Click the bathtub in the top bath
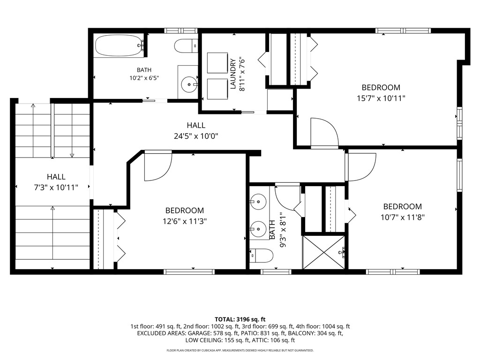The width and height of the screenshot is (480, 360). click(119, 45)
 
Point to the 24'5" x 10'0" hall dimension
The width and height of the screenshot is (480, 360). click(196, 136)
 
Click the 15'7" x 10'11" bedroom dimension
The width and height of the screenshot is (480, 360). click(381, 98)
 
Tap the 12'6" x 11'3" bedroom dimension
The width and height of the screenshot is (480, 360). click(185, 221)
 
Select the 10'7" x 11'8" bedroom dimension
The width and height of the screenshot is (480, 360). click(402, 217)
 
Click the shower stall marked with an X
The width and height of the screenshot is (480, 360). click(323, 252)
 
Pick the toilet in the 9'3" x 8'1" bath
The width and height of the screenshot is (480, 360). click(261, 255)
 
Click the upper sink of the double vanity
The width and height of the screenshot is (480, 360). click(258, 202)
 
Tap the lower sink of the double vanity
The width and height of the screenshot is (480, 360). click(258, 229)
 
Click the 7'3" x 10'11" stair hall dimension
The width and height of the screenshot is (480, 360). click(56, 187)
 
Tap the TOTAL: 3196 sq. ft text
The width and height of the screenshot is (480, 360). click(240, 320)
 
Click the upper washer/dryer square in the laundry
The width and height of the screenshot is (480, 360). click(217, 63)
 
